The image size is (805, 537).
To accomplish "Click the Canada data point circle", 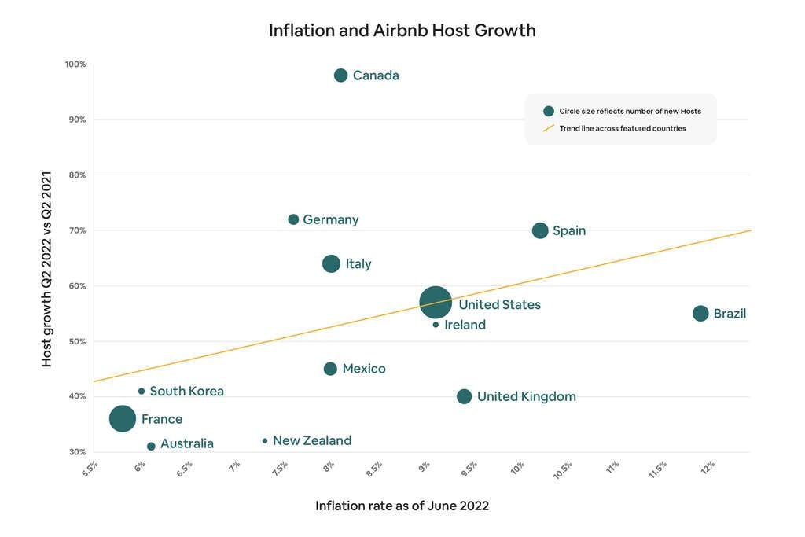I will tap(340, 75).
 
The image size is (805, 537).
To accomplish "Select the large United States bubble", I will tap(436, 302).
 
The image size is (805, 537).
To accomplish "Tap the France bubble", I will tap(123, 418).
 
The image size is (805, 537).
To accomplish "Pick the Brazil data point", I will tap(700, 313).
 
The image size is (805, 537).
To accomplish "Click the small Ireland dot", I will tap(436, 325).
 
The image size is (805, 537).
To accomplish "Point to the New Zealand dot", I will tap(265, 441).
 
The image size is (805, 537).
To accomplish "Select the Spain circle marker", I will tap(540, 230).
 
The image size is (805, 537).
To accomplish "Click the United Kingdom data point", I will tap(465, 396).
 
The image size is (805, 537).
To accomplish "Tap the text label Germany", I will tap(331, 219).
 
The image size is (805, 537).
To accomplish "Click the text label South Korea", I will tap(186, 391).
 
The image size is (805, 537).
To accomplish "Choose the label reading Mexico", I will tap(364, 369).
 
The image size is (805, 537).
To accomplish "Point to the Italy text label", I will tap(358, 264).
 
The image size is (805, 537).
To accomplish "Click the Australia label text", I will tap(187, 443).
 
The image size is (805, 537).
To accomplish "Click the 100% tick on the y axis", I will tap(75, 64).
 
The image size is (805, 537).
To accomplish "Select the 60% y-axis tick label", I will tap(77, 286).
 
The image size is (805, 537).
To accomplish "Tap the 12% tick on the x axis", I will tap(707, 466).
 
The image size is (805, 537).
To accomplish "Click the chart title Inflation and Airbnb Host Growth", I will tap(402, 31).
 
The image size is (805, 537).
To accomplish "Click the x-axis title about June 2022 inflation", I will tap(402, 506).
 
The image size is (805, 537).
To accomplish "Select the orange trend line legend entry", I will tap(622, 128).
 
